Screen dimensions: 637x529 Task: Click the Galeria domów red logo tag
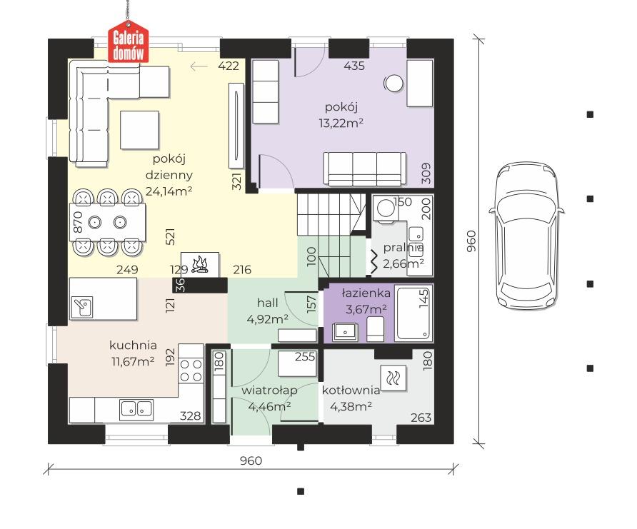[x=128, y=45]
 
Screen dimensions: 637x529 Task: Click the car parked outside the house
[x=527, y=236]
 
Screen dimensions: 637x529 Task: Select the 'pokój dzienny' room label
[x=169, y=167]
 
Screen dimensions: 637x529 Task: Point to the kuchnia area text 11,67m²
[x=133, y=361]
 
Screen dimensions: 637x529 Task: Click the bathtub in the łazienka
[x=413, y=313]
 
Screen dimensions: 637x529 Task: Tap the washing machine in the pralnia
[x=385, y=208]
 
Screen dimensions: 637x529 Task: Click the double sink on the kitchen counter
[x=136, y=409]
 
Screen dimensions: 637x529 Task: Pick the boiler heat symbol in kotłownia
[x=393, y=378]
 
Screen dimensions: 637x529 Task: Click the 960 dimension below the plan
[x=251, y=460]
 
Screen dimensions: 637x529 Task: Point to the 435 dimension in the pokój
[x=353, y=66]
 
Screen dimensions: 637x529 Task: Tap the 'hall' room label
[x=267, y=303]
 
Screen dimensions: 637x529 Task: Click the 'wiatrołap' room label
[x=269, y=391]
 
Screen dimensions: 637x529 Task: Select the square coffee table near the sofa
[x=139, y=130]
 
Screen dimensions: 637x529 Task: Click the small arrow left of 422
[x=199, y=66]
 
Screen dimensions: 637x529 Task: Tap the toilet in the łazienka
[x=375, y=329]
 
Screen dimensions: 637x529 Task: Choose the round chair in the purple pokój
[x=393, y=84]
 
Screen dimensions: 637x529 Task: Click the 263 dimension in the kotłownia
[x=421, y=418]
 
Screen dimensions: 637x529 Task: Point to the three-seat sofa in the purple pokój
[x=365, y=168]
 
